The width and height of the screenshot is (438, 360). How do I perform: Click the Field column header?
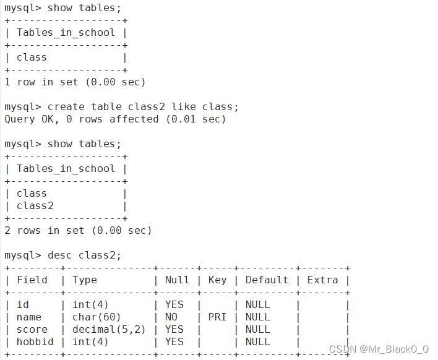(32, 280)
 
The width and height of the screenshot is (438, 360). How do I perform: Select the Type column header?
(85, 280)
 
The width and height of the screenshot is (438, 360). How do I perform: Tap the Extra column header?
(322, 280)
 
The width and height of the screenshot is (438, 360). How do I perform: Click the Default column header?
(267, 280)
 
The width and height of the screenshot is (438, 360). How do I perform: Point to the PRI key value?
(217, 317)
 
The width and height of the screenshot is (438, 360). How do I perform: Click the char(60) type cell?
(97, 317)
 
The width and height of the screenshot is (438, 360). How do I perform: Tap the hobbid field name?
(35, 341)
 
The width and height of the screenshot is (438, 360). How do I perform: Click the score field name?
(32, 329)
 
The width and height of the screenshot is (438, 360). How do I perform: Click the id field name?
(23, 304)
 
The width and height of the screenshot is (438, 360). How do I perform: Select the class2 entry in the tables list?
(35, 205)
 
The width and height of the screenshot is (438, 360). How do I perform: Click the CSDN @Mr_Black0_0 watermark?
(379, 349)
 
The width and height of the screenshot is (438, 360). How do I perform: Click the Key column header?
(217, 280)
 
